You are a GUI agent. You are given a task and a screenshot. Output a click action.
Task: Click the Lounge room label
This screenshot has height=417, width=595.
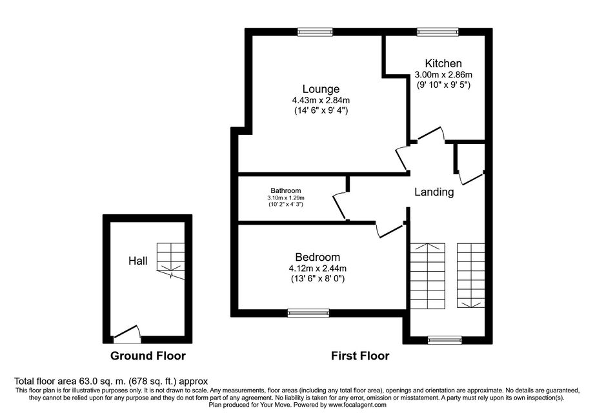point(321,89)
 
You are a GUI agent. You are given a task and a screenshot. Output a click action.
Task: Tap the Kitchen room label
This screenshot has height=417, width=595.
point(443,63)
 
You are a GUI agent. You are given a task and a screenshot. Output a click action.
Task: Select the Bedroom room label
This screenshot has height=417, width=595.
point(318,258)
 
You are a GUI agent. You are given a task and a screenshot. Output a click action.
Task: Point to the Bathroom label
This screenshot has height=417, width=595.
point(286,190)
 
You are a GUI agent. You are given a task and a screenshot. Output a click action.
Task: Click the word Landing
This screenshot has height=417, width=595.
point(434,192)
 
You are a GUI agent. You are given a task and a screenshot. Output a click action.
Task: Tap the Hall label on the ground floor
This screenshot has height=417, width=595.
point(137,261)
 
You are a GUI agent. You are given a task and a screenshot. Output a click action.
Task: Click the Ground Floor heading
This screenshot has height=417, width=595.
point(148,356)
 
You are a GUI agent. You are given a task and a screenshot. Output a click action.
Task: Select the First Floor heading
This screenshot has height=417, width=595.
point(360,356)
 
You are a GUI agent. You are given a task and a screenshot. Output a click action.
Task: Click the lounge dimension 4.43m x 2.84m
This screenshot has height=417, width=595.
point(321,101)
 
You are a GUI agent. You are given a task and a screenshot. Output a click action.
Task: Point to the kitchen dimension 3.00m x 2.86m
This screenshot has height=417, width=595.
point(443,75)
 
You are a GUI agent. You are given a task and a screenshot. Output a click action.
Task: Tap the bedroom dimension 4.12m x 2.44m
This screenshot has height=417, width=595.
point(318,269)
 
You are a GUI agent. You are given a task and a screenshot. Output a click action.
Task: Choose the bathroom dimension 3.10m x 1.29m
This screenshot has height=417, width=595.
point(286,198)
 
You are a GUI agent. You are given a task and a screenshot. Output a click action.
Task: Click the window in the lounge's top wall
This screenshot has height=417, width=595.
point(316,32)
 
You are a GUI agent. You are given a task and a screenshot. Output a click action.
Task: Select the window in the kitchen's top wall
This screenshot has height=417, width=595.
point(438,32)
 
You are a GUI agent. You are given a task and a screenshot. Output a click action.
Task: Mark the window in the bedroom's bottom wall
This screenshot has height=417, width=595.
point(308,313)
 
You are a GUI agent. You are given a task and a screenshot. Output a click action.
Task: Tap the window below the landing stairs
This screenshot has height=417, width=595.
point(445,340)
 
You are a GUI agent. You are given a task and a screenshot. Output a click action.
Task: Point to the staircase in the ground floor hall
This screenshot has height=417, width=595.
point(171,261)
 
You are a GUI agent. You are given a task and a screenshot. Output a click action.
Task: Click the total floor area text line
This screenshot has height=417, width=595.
point(111,381)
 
